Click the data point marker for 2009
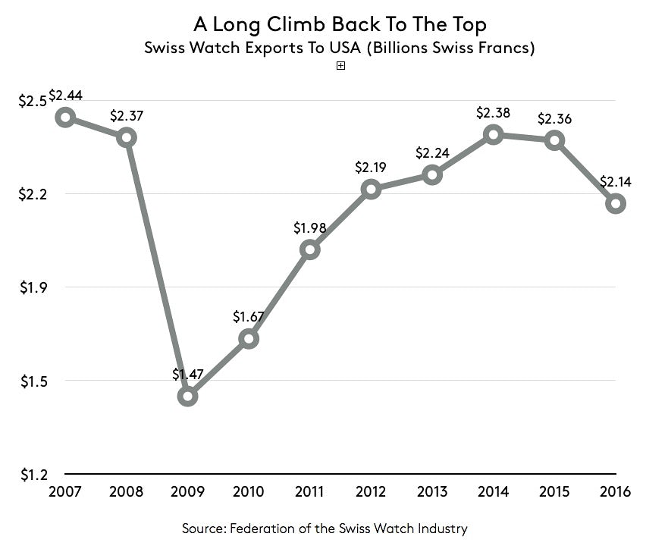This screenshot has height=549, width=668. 187,396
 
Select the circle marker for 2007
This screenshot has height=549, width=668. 65,117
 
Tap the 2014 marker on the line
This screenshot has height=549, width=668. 494,135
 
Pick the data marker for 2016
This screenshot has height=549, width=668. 616,203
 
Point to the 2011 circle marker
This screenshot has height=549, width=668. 309,249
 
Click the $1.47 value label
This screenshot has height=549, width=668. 187,374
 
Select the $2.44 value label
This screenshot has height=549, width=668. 65,97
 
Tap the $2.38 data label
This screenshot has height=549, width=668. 493,113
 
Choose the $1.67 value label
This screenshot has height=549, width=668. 249,316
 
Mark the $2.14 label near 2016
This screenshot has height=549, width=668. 616,182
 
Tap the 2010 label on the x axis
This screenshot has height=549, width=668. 248,491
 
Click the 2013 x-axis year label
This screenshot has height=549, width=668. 431,491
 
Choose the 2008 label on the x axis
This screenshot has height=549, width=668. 126,491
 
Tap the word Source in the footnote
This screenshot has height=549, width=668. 205,528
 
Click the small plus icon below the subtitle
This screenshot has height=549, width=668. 340,66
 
